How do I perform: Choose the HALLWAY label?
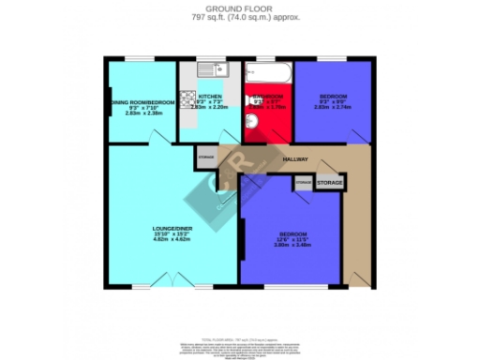point(296,160)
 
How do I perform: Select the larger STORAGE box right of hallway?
point(329,182)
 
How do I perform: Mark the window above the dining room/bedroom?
point(141,59)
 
